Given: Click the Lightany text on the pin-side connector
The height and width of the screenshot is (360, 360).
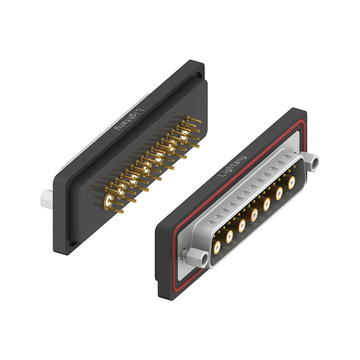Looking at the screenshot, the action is (x=130, y=120).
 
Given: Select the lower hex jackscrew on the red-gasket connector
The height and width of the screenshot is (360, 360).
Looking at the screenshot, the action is (x=198, y=257).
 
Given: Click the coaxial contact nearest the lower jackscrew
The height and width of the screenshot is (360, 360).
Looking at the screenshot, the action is (x=217, y=247).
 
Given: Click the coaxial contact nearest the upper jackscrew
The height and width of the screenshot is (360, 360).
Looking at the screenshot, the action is (x=292, y=183).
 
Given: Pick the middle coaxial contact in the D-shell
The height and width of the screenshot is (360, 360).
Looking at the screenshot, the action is (x=254, y=215).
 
